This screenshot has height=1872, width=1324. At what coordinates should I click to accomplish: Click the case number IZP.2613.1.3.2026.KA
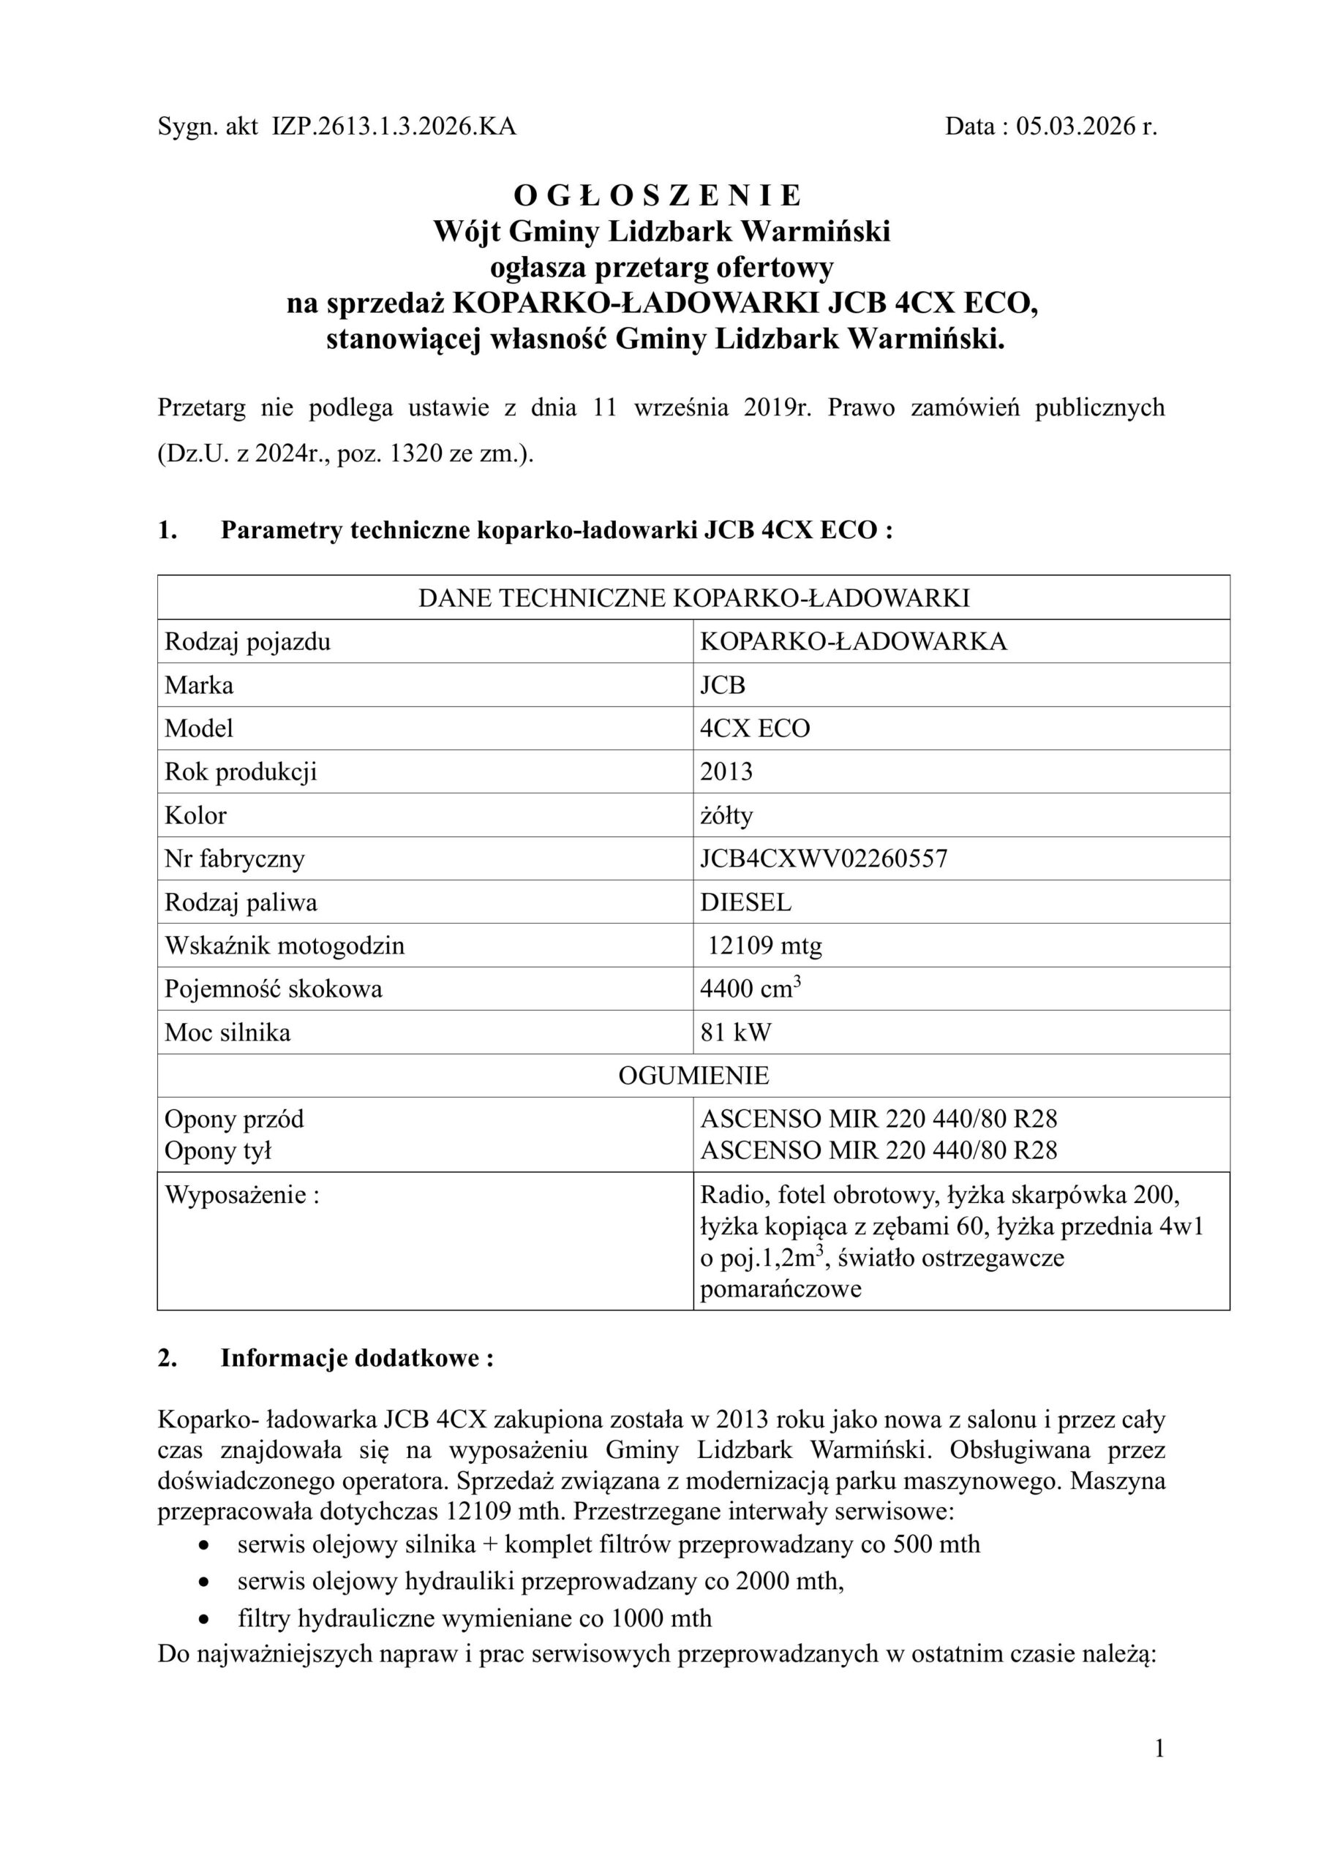[x=394, y=127]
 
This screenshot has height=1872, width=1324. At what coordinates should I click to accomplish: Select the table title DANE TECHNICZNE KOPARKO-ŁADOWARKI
[x=693, y=597]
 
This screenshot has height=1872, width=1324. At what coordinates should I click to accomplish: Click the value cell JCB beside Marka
[x=723, y=685]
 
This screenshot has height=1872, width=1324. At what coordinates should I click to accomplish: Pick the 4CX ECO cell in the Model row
[x=755, y=728]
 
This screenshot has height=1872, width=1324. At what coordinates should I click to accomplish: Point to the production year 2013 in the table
[x=726, y=771]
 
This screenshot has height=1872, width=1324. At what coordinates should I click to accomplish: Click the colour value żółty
[x=726, y=815]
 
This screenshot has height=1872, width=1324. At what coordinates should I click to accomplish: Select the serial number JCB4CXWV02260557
[x=824, y=858]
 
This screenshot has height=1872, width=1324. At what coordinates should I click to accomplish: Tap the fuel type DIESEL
[x=745, y=902]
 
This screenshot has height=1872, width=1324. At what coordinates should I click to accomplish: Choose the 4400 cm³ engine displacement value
[x=749, y=989]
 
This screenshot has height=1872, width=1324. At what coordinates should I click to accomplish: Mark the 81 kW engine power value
[x=736, y=1033]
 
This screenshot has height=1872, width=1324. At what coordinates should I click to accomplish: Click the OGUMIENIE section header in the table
[x=693, y=1076]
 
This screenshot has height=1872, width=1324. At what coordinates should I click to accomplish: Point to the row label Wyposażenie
[x=241, y=1196]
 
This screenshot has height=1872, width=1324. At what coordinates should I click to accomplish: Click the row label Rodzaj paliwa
[x=241, y=902]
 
